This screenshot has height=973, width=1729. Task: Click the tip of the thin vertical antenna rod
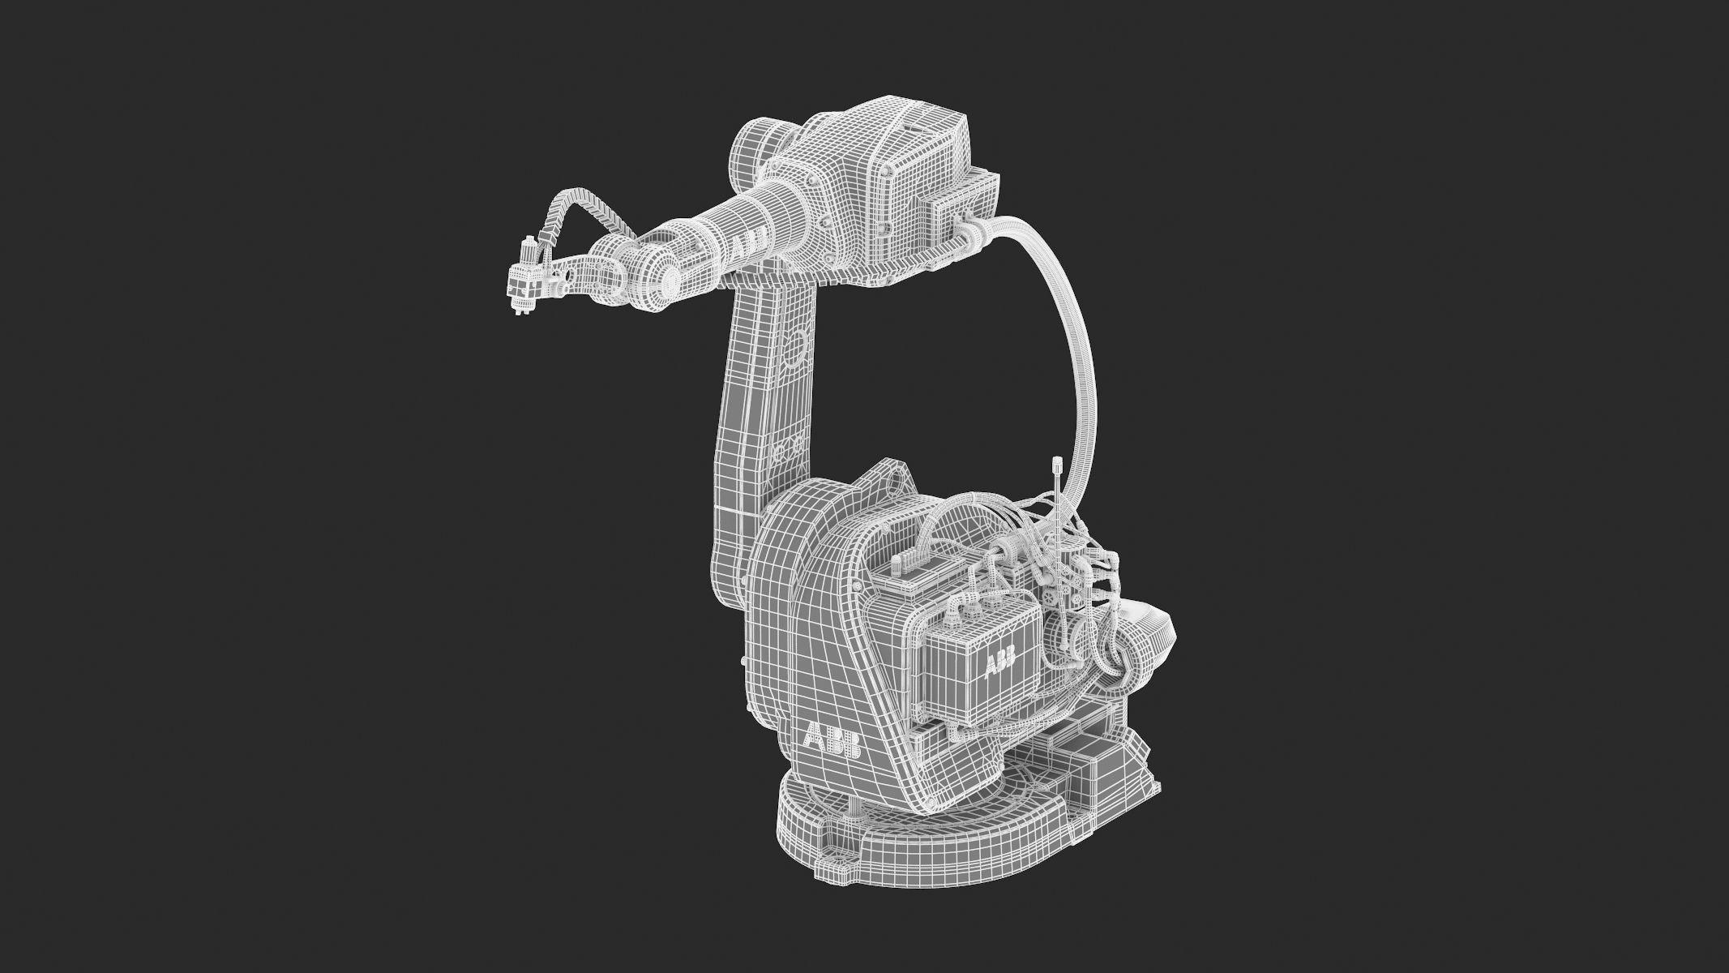(1057, 463)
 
